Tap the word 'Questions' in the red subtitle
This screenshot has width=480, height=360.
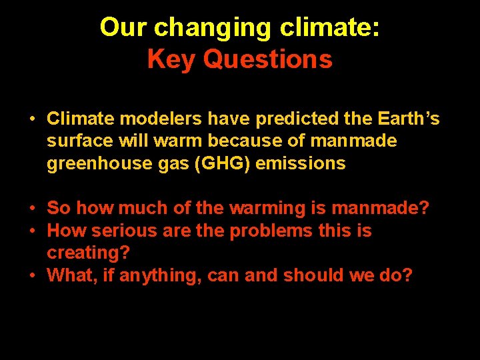[267, 59]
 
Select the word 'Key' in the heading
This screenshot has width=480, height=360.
[172, 59]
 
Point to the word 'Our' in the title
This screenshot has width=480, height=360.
[124, 28]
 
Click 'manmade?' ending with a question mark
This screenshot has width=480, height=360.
[380, 209]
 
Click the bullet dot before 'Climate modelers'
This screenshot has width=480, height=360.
[32, 120]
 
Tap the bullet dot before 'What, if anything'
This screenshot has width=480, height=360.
[32, 275]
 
